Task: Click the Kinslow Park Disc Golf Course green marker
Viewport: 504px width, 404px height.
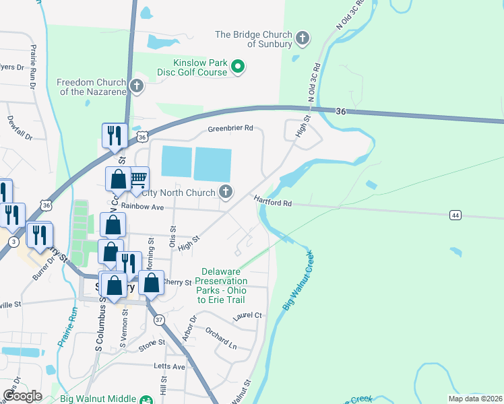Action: point(237,67)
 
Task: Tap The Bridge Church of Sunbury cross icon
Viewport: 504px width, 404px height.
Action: point(303,38)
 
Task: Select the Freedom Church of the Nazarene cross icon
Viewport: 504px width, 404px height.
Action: point(137,86)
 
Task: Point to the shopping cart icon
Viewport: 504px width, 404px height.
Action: point(138,178)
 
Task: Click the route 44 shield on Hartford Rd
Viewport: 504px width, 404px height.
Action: point(455,214)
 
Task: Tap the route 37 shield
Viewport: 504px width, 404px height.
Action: point(158,319)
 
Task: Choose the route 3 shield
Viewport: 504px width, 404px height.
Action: point(13,241)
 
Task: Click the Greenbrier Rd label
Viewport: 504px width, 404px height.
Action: point(230,128)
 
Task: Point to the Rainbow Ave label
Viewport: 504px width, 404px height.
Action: point(144,208)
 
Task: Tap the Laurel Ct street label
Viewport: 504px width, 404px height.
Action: point(247,315)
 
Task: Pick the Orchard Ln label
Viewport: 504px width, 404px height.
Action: point(222,339)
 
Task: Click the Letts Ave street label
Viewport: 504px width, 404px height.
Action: point(169,366)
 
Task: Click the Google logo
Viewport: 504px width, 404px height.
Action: point(22,396)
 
